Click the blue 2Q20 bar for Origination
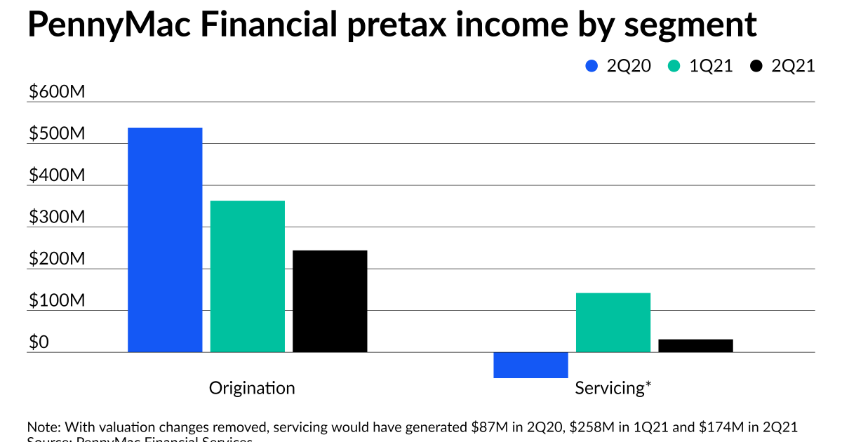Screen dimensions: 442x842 [x=165, y=239]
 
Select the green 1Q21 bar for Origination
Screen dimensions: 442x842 [x=247, y=276]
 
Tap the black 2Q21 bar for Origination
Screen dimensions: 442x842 [x=330, y=301]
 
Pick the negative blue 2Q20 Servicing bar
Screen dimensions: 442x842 [x=530, y=365]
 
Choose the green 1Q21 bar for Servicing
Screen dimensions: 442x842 [x=613, y=322]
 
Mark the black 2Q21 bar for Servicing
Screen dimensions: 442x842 [x=695, y=345]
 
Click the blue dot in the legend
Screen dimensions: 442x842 [x=592, y=66]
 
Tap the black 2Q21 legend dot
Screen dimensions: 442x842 [x=756, y=66]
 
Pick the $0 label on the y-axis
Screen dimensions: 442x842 [x=39, y=342]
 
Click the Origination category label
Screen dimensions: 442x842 [x=252, y=388]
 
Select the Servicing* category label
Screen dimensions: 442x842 [x=613, y=388]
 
